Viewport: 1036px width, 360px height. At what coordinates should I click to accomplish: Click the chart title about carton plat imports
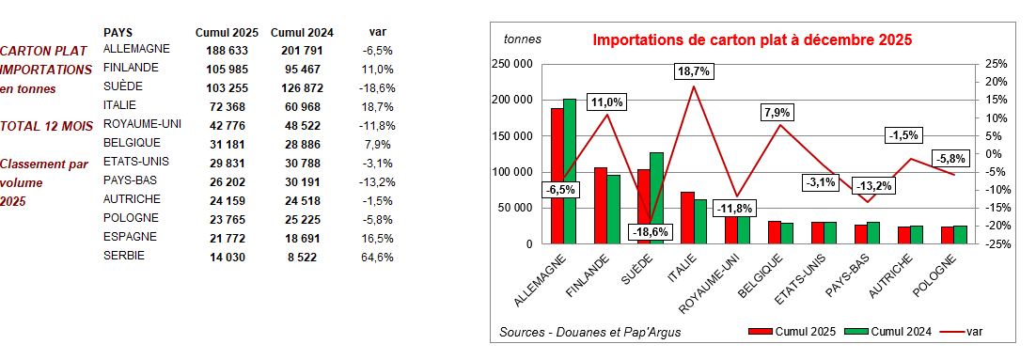coord(753,40)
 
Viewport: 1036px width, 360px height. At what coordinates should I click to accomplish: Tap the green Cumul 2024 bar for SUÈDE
coord(656,197)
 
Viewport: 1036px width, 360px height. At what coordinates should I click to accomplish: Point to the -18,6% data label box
coord(650,231)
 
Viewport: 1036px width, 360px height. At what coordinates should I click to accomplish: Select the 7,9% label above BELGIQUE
coord(777,113)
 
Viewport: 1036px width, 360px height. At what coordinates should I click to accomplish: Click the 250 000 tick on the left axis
coord(513,64)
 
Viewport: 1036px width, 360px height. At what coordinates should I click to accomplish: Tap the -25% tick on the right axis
coord(997,244)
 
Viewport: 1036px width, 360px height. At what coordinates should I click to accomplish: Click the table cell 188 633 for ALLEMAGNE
coord(221,50)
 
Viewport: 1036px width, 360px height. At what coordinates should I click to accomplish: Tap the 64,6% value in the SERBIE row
coord(377,256)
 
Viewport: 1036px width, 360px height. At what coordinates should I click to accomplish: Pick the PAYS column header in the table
coord(117,32)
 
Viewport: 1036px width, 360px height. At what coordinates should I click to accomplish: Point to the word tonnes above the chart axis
coord(523,39)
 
